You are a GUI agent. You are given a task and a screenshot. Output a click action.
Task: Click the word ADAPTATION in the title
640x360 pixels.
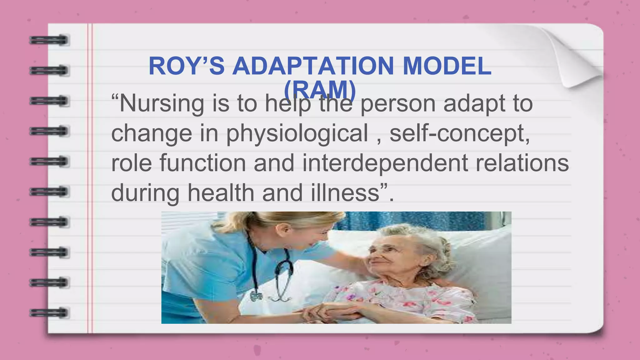coord(313,66)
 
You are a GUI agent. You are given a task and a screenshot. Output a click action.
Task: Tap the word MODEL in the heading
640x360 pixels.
coord(447,66)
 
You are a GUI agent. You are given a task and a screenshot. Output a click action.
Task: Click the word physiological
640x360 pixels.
coord(297,133)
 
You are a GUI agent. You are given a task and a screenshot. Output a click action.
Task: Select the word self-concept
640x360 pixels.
coord(459,133)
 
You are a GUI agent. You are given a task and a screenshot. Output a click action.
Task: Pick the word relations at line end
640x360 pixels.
coord(522,163)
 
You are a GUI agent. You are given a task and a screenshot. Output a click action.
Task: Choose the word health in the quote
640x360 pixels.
coord(221,192)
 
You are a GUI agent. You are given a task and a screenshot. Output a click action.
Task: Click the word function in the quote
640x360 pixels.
coord(203,163)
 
